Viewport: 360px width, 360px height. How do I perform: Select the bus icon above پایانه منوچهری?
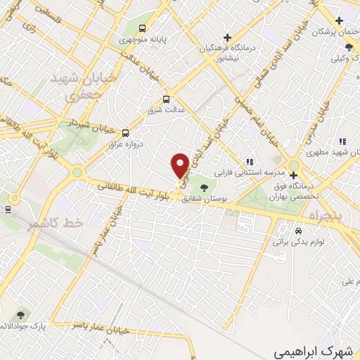point(143,29)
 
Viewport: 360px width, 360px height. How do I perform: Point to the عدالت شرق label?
point(165,110)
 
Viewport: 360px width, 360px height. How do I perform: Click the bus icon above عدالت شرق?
point(167,99)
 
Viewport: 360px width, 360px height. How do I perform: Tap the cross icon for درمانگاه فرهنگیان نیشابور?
point(226,37)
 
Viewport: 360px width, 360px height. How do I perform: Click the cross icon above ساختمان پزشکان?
point(340,20)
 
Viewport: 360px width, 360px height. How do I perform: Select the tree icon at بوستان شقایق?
point(204,188)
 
